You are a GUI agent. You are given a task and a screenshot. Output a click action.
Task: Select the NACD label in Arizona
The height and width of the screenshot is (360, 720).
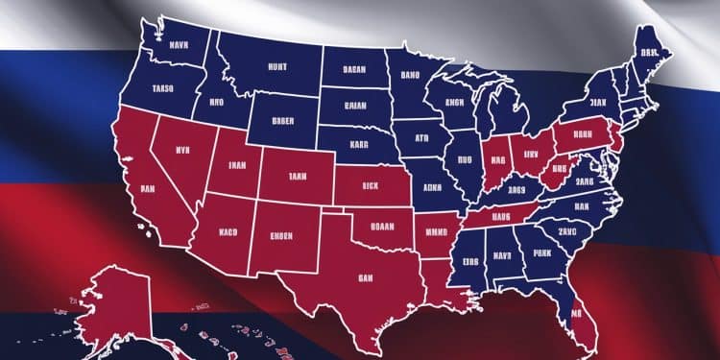(x=227, y=231)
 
